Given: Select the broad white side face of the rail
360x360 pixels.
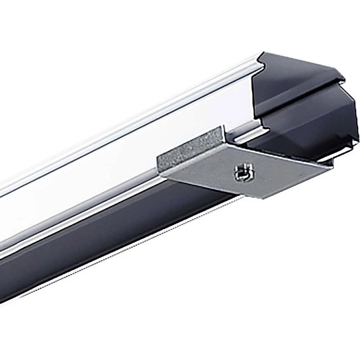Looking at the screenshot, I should pos(126,151).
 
